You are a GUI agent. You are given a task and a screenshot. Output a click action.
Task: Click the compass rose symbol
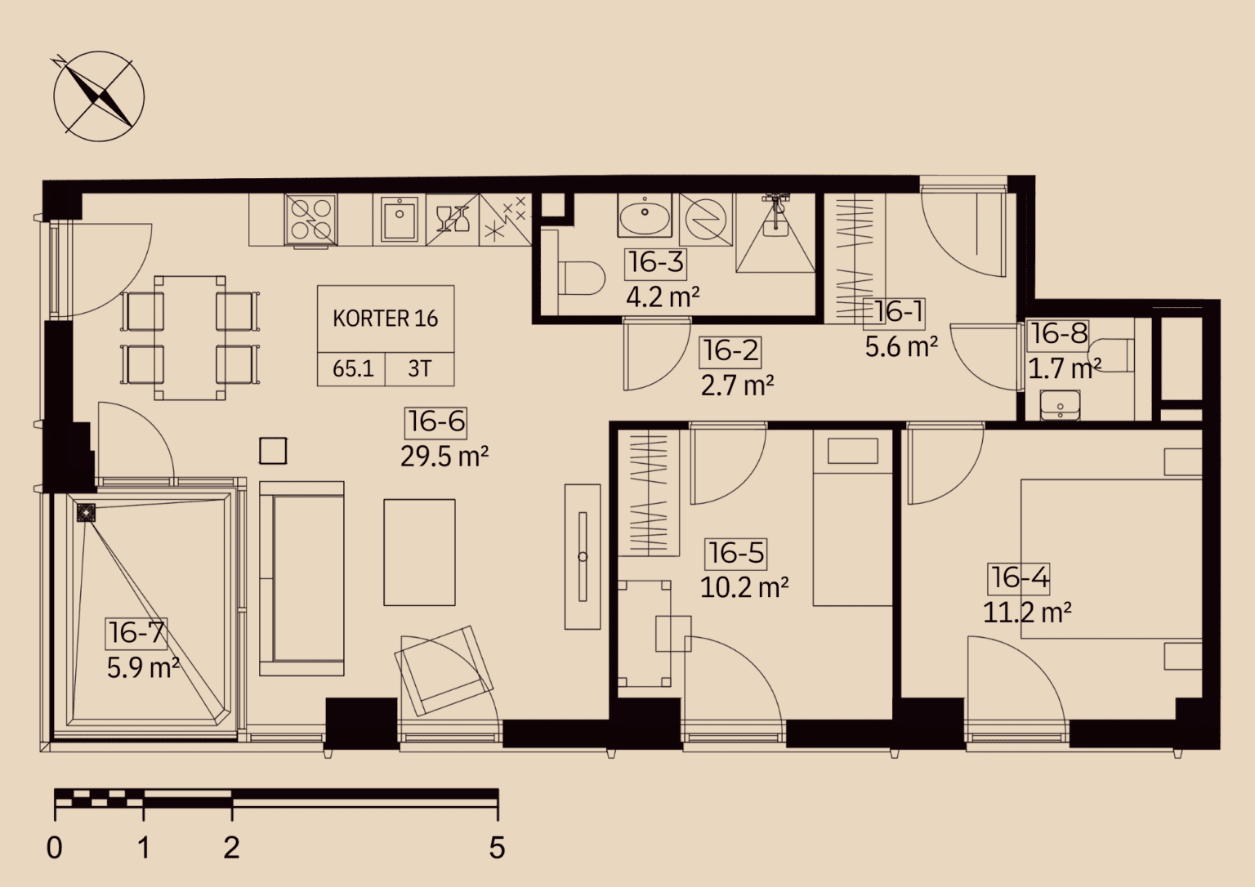[x=99, y=96]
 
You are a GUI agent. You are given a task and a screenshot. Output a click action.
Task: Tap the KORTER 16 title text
[x=386, y=319]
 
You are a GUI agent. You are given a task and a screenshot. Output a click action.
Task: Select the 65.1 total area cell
[x=353, y=369]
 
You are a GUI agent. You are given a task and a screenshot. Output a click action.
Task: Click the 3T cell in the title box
[x=419, y=369]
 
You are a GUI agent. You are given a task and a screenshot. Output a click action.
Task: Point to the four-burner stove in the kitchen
[x=310, y=220]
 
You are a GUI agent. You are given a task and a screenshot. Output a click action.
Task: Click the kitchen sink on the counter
[x=400, y=220]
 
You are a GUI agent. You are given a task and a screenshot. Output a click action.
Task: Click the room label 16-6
[x=436, y=421]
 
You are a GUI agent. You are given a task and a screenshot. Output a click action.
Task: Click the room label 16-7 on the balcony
[x=136, y=633]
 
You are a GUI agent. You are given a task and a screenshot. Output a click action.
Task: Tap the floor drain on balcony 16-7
[x=87, y=512]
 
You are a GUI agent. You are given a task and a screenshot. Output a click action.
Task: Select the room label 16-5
[x=736, y=553]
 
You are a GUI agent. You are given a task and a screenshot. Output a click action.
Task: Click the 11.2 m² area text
[x=1028, y=613]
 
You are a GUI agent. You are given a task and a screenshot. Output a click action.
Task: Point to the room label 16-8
[x=1059, y=334]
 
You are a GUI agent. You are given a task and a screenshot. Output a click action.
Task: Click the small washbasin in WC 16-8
[x=1061, y=405]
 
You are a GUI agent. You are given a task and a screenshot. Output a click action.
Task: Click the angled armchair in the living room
[x=444, y=671]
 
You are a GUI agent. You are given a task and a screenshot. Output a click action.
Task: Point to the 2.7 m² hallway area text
[x=737, y=386]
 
